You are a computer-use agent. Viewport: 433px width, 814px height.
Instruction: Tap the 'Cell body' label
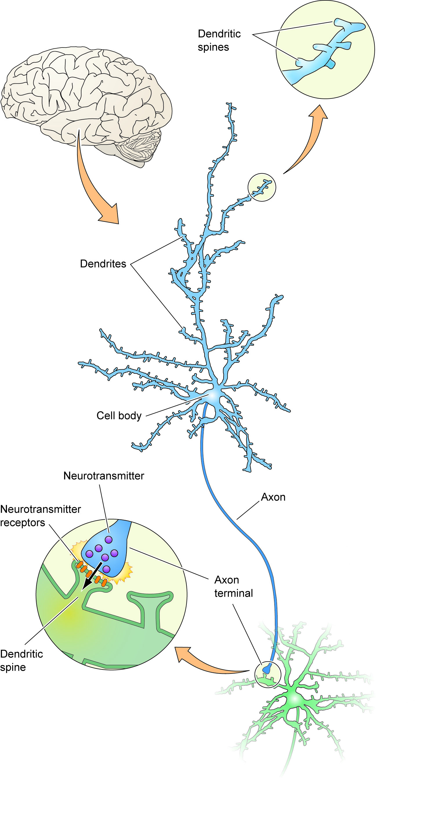pos(119,415)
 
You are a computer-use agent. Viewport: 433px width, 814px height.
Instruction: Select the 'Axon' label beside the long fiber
pos(273,497)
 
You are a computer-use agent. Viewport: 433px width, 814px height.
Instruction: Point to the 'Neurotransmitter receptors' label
pos(40,516)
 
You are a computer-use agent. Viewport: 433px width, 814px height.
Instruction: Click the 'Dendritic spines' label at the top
pos(219,40)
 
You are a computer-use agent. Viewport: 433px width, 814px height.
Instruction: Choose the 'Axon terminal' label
pos(233,587)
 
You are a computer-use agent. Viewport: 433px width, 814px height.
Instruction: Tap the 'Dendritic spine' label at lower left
pos(21,660)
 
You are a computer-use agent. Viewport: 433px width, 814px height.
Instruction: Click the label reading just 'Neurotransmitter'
pos(104,476)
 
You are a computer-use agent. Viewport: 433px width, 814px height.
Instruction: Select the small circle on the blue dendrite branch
pos(262,187)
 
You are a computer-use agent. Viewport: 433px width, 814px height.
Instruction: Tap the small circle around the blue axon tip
pos(268,675)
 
